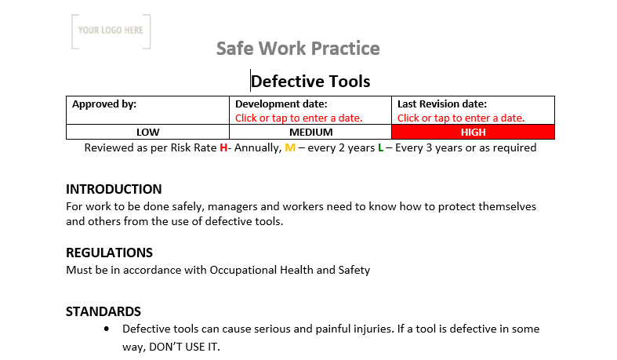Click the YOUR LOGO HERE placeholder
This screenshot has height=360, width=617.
pyautogui.click(x=111, y=31)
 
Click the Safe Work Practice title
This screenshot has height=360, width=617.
pyautogui.click(x=298, y=49)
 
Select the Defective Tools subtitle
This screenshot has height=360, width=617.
pyautogui.click(x=310, y=81)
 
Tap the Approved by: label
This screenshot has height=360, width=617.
pyautogui.click(x=104, y=104)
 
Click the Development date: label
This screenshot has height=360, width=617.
pyautogui.click(x=281, y=104)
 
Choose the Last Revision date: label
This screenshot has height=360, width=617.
pyautogui.click(x=442, y=104)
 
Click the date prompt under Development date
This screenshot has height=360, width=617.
pyautogui.click(x=299, y=118)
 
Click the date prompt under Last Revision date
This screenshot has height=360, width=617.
pyautogui.click(x=461, y=118)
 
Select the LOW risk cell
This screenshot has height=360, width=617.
pyautogui.click(x=148, y=132)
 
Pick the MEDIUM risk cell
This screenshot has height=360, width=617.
pyautogui.click(x=311, y=132)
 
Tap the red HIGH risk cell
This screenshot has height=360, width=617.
pyautogui.click(x=473, y=132)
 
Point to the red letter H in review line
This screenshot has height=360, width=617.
pyautogui.click(x=223, y=147)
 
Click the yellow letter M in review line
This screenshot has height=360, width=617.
pyautogui.click(x=290, y=147)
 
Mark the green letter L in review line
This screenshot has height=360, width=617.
pyautogui.click(x=380, y=147)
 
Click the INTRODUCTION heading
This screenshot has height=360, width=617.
pyautogui.click(x=114, y=189)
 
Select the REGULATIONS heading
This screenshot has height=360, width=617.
pyautogui.click(x=109, y=253)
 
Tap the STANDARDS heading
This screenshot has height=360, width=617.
pyautogui.click(x=103, y=311)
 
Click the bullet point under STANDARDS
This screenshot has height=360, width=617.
pyautogui.click(x=107, y=329)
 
